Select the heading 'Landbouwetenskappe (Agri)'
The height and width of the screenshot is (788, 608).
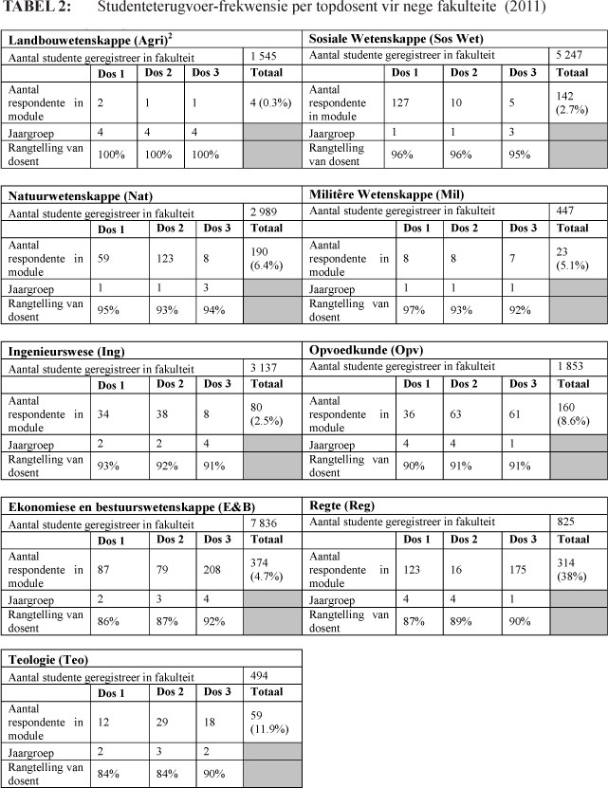pyautogui.click(x=76, y=41)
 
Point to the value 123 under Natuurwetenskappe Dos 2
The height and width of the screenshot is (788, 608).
pyautogui.click(x=171, y=253)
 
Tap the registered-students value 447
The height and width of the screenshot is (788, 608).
pyautogui.click(x=567, y=210)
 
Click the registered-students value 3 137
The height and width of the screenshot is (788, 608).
pyautogui.click(x=266, y=367)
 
